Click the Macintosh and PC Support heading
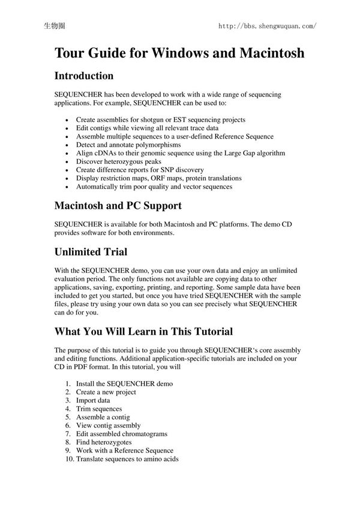tap(118, 206)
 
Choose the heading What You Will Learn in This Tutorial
tap(143, 331)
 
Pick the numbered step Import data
tap(92, 400)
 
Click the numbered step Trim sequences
tap(99, 409)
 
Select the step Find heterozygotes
tap(104, 442)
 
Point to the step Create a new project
tap(106, 392)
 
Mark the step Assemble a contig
tap(103, 417)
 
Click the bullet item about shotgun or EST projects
tap(160, 119)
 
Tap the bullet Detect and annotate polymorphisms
tap(128, 145)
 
